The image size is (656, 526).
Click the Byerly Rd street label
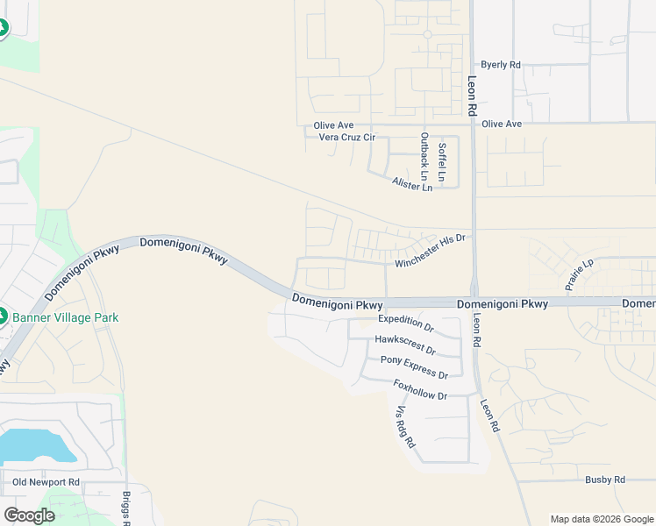click(502, 65)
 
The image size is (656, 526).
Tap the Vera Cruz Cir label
click(346, 138)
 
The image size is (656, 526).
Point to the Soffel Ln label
click(442, 161)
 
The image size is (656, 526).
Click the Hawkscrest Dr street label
click(404, 342)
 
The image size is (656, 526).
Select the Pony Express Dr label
click(414, 367)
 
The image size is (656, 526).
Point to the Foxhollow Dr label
click(420, 389)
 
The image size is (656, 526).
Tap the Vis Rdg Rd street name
click(403, 427)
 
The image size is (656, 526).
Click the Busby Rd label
click(605, 480)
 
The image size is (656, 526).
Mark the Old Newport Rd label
click(46, 482)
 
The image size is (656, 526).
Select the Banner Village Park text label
click(65, 317)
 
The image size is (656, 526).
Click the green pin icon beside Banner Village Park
click(3, 316)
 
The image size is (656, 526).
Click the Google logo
click(29, 515)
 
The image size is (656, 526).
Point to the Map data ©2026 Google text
click(601, 519)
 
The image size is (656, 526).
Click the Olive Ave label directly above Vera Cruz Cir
click(333, 126)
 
